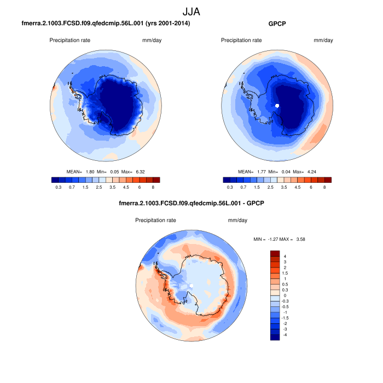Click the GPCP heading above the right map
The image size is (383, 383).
(x=277, y=24)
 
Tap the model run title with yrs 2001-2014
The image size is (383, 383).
(x=106, y=24)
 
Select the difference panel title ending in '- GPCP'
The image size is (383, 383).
(x=191, y=204)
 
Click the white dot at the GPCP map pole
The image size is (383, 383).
(x=277, y=105)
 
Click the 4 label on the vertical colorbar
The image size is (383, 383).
(x=285, y=256)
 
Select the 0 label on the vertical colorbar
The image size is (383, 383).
(x=285, y=295)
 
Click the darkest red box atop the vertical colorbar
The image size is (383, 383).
(x=275, y=254)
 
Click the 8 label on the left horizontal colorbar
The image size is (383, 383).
(x=153, y=187)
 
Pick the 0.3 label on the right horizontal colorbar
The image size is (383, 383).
(x=230, y=187)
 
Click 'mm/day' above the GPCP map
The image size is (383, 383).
(x=323, y=40)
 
